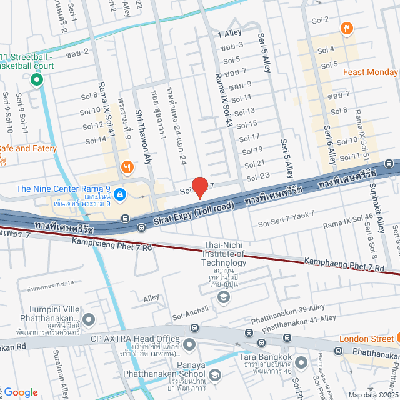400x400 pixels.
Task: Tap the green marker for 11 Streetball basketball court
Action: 36,79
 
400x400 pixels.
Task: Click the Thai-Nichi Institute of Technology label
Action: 224,254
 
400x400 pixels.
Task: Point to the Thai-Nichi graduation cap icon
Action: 223,298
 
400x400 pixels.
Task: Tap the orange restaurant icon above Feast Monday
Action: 346,28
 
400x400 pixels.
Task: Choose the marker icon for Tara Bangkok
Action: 301,362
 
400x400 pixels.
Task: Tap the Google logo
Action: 21,392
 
